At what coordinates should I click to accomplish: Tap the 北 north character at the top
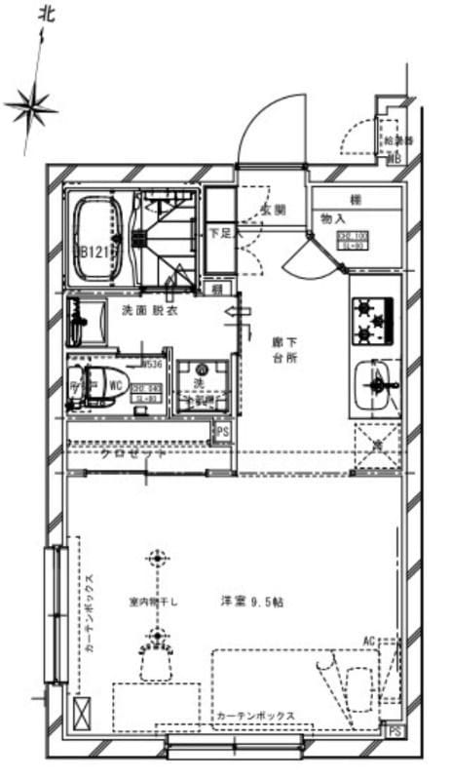pos(46,13)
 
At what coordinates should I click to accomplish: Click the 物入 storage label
pos(334,218)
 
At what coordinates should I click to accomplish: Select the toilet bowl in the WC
pos(97,383)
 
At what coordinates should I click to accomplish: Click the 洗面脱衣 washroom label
pos(148,311)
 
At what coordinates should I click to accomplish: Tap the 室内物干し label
pos(153,602)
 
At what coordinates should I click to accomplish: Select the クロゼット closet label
pos(134,455)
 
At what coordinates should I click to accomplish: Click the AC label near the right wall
pos(369,641)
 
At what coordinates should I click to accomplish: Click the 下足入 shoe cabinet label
pos(219,235)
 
